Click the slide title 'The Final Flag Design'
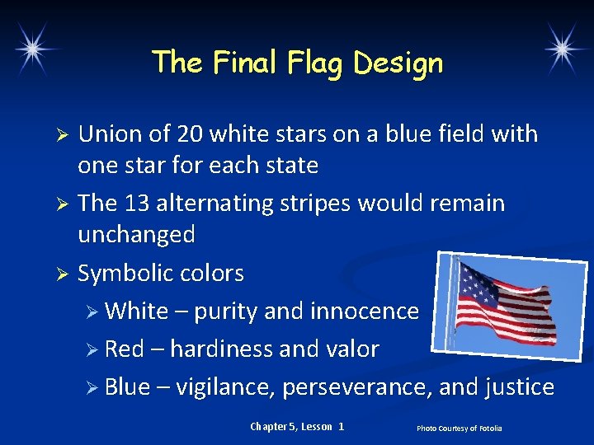click(x=297, y=63)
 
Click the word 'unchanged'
click(x=136, y=236)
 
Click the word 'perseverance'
click(x=357, y=387)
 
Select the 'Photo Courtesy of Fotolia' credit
click(x=459, y=429)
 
